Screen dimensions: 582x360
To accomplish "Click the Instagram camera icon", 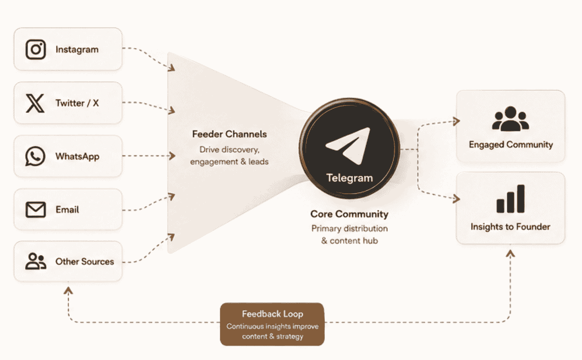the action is [x=36, y=49].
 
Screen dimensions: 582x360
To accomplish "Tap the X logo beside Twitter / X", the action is [x=35, y=103].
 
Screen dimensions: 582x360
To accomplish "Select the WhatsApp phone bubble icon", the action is [x=35, y=156].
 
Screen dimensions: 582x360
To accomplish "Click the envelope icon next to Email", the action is [x=36, y=210].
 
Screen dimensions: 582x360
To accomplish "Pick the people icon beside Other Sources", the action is [x=36, y=261].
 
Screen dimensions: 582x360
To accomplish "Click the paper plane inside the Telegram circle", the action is [x=348, y=146].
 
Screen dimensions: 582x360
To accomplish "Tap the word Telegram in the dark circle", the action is [x=350, y=178].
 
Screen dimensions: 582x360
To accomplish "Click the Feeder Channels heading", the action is [x=230, y=134].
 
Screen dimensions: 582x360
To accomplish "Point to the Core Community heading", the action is [x=349, y=214].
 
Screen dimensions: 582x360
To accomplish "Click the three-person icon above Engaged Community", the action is [x=511, y=119].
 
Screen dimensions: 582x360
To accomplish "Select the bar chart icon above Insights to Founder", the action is [x=510, y=199].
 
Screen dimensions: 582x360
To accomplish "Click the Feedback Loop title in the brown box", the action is [x=273, y=314].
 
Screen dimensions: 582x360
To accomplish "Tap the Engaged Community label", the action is [x=511, y=144].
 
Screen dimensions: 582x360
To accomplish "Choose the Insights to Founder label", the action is [x=510, y=227].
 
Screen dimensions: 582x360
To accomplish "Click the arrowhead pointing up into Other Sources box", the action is [x=68, y=290].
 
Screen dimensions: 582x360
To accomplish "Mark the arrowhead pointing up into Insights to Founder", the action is [x=510, y=254].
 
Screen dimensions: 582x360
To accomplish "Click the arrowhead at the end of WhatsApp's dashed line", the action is [x=172, y=156].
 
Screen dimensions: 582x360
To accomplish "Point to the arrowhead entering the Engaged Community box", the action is [x=456, y=121].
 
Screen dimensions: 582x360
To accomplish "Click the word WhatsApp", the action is [x=78, y=156].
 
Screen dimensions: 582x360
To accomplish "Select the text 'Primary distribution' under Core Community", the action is [x=350, y=229].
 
